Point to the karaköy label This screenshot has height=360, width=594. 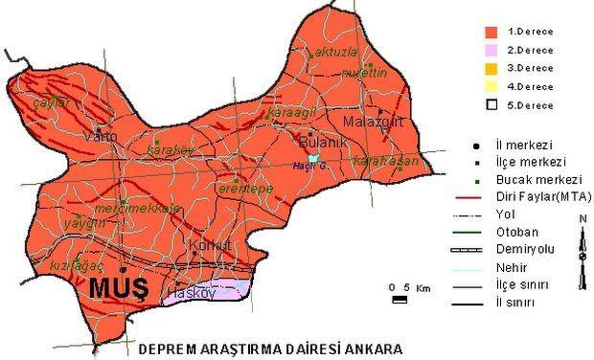174,150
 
